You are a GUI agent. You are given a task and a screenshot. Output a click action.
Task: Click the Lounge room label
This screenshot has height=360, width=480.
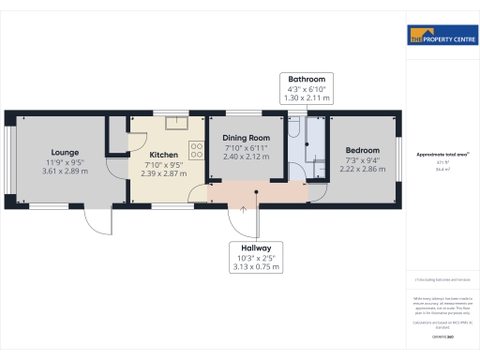[66, 152]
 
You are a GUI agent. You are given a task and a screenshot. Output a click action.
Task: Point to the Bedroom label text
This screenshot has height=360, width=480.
[363, 151]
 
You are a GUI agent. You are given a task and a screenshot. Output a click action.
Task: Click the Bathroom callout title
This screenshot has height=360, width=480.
[307, 80]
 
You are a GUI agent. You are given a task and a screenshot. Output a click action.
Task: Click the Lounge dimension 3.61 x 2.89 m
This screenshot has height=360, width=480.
[66, 172]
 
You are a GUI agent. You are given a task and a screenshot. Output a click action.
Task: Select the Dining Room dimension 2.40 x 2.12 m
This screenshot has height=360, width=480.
[245, 157]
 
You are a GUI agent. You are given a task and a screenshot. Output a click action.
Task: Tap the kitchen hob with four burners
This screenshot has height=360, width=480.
[198, 147]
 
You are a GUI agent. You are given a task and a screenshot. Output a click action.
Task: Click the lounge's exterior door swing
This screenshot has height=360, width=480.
[97, 220]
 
